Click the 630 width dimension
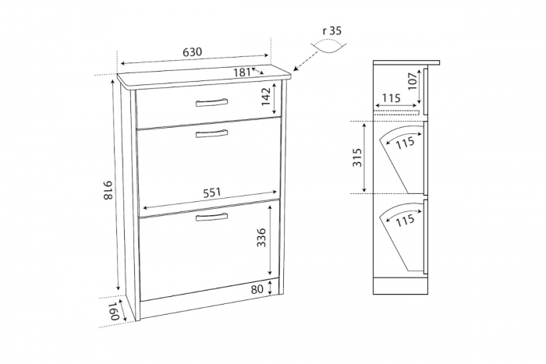[193, 52]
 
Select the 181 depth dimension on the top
[242, 72]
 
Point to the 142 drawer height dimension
[266, 96]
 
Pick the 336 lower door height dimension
[262, 238]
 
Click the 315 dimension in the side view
[357, 158]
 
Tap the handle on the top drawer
[211, 102]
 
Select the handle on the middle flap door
[211, 134]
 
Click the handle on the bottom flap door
[211, 217]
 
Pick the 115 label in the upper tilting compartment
[405, 143]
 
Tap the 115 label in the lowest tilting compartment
[404, 221]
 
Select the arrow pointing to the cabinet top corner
[303, 64]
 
